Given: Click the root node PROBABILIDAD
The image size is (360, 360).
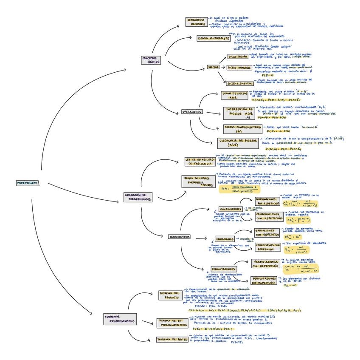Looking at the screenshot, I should click(28, 183).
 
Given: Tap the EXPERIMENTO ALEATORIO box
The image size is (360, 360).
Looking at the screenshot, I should click(196, 22).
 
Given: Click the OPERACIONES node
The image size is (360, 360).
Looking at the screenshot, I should click(192, 112).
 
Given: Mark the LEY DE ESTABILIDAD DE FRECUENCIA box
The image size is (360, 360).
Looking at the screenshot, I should click(200, 162).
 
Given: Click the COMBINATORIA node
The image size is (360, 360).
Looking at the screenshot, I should click(180, 237).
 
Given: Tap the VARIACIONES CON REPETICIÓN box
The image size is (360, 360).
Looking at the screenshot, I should click(267, 232).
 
